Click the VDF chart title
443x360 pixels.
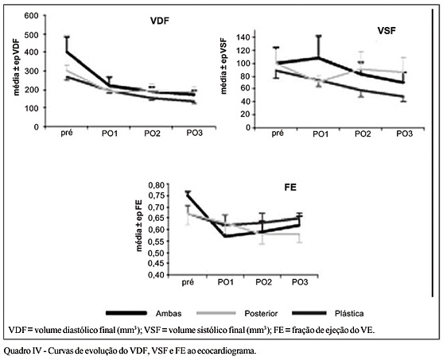point(160,21)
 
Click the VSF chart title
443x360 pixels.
point(387,30)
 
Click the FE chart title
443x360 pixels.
point(290,188)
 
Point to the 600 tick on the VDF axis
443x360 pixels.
point(31,15)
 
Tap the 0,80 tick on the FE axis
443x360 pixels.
point(156,185)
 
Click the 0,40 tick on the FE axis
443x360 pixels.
point(156,275)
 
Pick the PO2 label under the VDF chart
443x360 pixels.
point(152,134)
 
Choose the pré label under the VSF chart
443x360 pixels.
point(278,134)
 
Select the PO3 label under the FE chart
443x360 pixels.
point(300,282)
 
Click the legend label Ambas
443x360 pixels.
point(169,313)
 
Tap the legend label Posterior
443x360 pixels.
point(261,313)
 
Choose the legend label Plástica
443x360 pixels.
point(349,313)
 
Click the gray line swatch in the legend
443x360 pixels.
point(216,313)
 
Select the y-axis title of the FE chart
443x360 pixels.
point(139,226)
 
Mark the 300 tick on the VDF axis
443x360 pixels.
point(31,71)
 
